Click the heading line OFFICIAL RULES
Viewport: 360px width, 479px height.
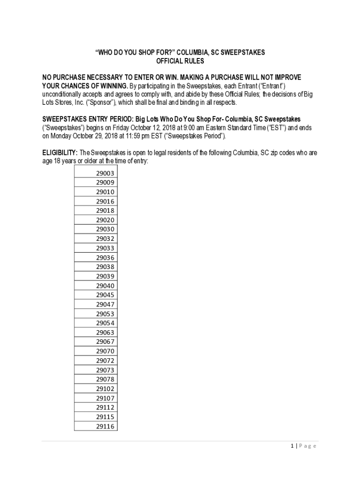pos(180,61)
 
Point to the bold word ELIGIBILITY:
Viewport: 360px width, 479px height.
pos(60,153)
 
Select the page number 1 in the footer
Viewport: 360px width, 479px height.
pos(292,446)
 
